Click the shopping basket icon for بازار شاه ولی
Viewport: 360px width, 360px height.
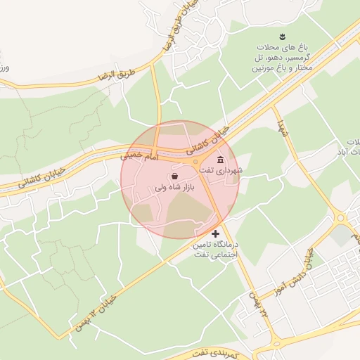point(174,176)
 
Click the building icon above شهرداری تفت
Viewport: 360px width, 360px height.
point(221,159)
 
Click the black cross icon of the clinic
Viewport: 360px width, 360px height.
point(215,233)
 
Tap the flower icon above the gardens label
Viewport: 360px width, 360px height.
point(282,37)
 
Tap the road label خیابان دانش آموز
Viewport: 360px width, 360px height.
point(314,257)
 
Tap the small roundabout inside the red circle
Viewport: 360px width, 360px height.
point(195,162)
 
